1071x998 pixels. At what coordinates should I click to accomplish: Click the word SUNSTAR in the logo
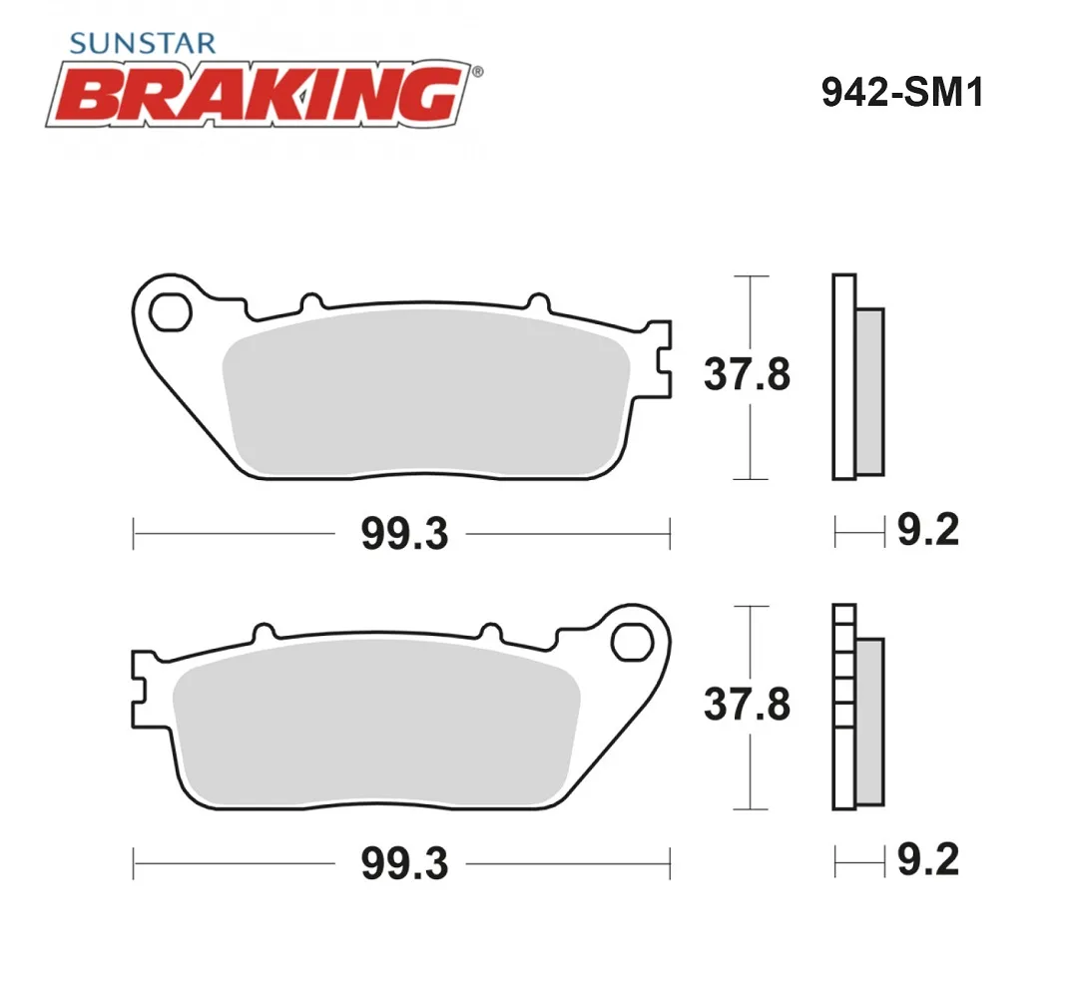[143, 44]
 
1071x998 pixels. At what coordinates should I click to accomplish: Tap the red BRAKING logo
[260, 94]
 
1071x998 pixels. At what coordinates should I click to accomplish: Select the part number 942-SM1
[902, 92]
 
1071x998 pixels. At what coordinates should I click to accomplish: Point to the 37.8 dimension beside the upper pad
[748, 374]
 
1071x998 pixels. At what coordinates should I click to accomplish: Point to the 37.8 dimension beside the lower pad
[748, 705]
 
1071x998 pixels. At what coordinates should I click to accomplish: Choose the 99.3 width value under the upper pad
[404, 534]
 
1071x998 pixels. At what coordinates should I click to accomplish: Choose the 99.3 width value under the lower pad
[404, 863]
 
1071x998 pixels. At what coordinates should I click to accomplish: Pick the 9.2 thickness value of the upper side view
[928, 529]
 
